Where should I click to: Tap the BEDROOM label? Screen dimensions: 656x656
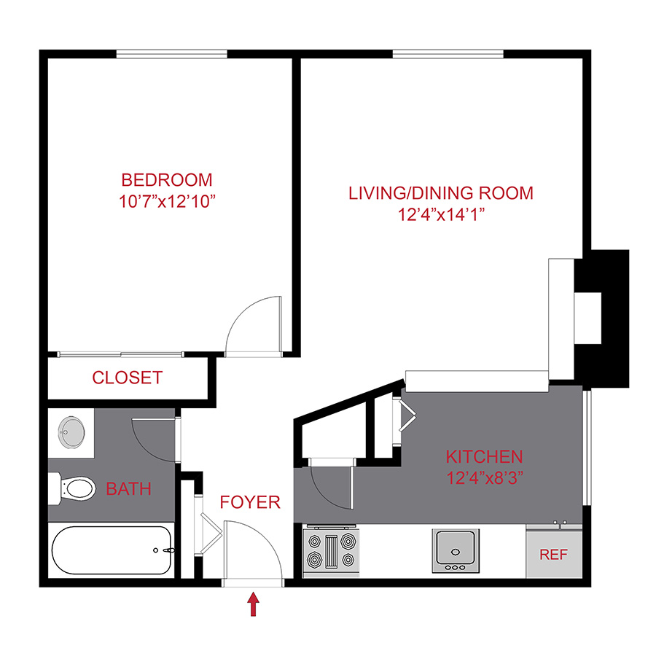167,179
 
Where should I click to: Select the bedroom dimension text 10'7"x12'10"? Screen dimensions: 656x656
167,201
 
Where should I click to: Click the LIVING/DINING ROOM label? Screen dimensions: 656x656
440,193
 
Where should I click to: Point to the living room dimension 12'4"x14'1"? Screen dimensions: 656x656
440,214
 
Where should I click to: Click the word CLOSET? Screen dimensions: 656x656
127,378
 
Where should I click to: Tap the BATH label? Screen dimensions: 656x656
129,488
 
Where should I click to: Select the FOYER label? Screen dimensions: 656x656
250,502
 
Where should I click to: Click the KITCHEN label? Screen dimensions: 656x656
484,457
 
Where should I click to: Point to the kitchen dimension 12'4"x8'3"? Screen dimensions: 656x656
484,479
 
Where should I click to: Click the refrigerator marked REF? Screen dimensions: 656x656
553,553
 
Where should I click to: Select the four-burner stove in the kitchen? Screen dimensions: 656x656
332,551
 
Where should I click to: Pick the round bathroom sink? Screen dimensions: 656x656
73,432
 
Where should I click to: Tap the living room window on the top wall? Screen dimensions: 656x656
448,53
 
